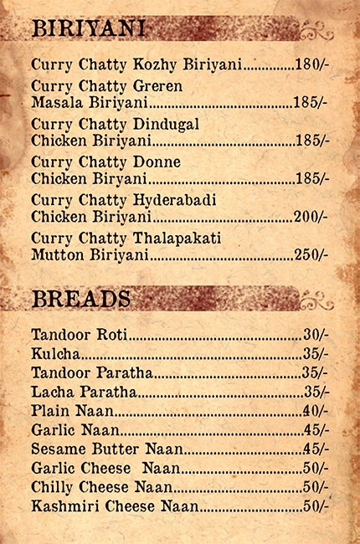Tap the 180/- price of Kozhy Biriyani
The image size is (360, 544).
tap(311, 64)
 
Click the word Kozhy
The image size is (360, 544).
tap(159, 64)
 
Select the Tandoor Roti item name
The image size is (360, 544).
tap(79, 335)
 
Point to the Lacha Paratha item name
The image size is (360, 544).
tap(84, 392)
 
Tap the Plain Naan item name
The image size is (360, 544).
tap(71, 411)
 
